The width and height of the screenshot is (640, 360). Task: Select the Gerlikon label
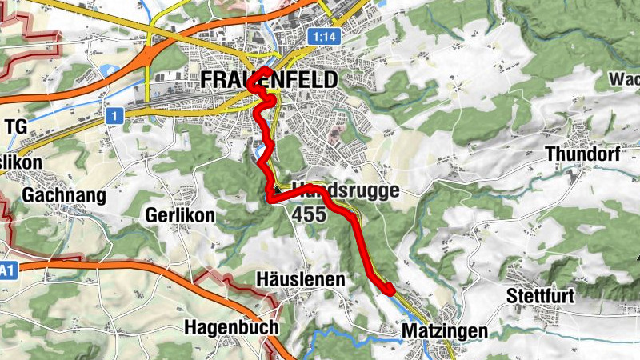click(x=180, y=215)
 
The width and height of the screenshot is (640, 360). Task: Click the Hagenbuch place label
click(x=231, y=327)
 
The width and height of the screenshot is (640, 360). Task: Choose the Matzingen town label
click(x=446, y=330)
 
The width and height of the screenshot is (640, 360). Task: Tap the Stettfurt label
click(x=541, y=297)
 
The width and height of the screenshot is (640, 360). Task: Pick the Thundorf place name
click(x=582, y=154)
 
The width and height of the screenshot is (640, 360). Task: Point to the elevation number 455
click(x=309, y=214)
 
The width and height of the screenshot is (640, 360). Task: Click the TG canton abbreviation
click(x=16, y=126)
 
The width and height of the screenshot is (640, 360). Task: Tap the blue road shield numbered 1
click(x=116, y=116)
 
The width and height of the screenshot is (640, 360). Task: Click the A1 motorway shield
click(x=7, y=272)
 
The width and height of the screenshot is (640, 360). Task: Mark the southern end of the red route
click(x=389, y=290)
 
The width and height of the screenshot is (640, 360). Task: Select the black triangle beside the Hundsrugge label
click(x=277, y=191)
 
